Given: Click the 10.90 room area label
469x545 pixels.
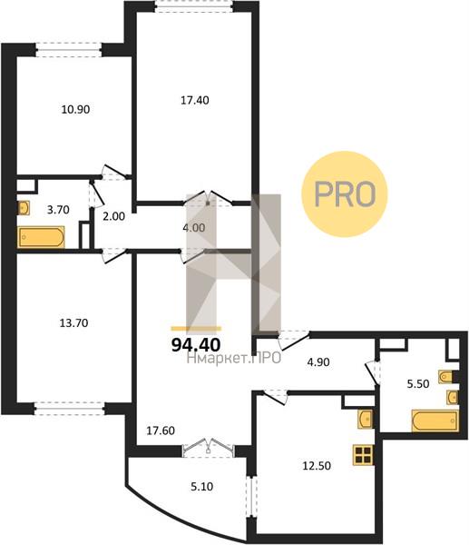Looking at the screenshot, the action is [x=75, y=110].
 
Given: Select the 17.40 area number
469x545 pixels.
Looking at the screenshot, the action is [x=195, y=101].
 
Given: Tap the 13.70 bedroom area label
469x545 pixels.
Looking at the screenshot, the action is [x=74, y=323].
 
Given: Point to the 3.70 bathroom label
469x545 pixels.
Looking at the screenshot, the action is [x=58, y=210].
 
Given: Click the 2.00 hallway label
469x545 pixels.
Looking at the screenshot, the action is [x=114, y=216].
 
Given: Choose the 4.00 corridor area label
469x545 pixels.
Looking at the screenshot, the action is [x=194, y=228].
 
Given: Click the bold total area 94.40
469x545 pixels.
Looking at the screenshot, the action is [x=196, y=345].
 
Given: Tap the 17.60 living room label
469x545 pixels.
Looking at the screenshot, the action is [x=161, y=431].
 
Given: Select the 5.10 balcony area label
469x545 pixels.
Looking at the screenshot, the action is [x=202, y=487].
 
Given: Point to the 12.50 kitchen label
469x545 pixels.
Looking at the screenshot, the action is [x=317, y=466].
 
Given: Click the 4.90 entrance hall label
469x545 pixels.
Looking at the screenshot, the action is [x=318, y=362].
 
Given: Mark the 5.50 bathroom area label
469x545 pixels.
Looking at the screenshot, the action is [x=418, y=384].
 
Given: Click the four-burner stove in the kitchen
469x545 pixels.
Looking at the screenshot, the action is [x=364, y=455].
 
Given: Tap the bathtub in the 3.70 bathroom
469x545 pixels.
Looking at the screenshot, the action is [x=42, y=237].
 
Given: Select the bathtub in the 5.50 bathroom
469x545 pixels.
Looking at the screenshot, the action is [x=435, y=421].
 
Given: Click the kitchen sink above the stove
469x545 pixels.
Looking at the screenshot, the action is [x=366, y=419].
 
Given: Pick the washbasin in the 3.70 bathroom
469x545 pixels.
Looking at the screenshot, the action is [x=24, y=208].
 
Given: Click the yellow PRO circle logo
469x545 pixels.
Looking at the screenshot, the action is [x=345, y=194].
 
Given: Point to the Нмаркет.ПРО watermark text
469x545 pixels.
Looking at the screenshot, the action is [x=234, y=358].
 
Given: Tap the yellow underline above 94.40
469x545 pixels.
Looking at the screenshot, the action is [x=196, y=329].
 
